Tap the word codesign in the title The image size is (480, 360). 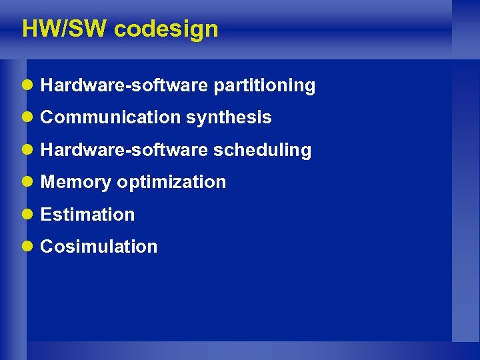pyautogui.click(x=166, y=29)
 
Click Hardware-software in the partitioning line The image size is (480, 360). pyautogui.click(x=125, y=85)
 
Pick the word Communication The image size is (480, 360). pyautogui.click(x=110, y=117)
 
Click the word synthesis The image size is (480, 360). pyautogui.click(x=229, y=117)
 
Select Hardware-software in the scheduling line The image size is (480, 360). pyautogui.click(x=125, y=150)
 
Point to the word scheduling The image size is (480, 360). pyautogui.click(x=262, y=150)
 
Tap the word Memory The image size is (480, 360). pyautogui.click(x=76, y=182)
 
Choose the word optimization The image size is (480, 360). pyautogui.click(x=171, y=182)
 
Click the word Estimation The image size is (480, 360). pyautogui.click(x=87, y=214)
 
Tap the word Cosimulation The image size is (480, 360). pyautogui.click(x=99, y=246)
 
